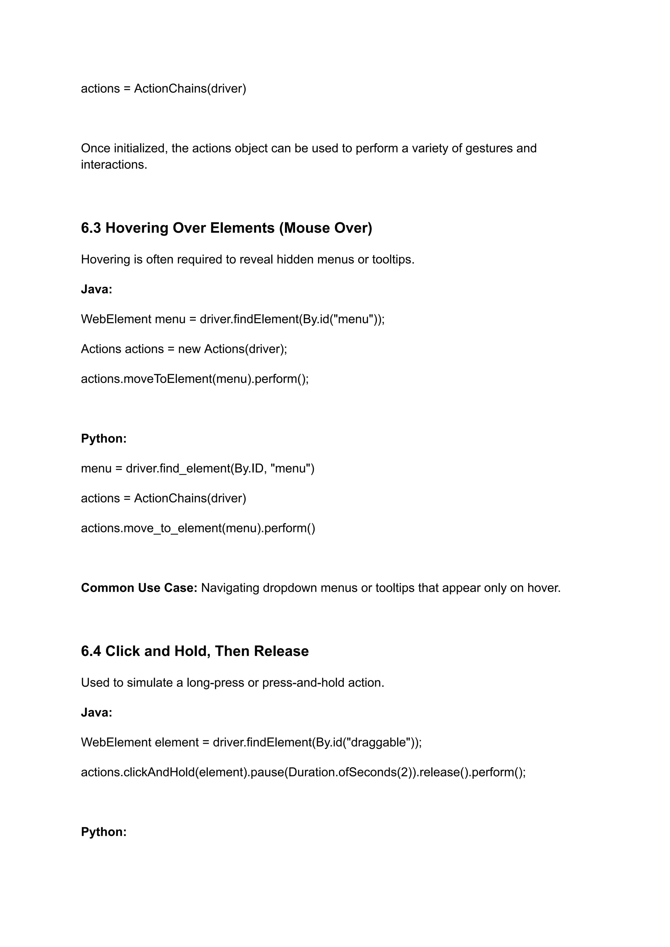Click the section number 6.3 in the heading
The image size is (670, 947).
91,228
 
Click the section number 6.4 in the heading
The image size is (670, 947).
91,651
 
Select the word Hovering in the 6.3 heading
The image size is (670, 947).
136,228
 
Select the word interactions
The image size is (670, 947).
114,165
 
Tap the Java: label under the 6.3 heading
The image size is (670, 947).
97,289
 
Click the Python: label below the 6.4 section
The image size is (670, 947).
104,831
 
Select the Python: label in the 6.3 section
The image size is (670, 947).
104,438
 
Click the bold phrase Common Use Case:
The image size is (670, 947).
139,588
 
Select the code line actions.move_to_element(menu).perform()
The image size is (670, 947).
198,528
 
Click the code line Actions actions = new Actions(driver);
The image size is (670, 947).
184,349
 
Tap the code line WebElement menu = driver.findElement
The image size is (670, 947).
233,319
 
